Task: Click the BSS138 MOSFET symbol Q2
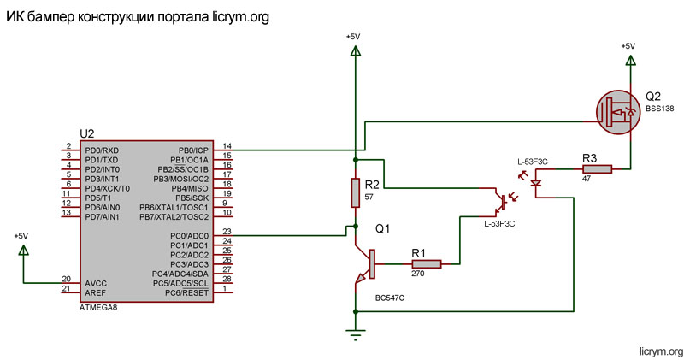(x=617, y=110)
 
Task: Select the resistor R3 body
(x=598, y=169)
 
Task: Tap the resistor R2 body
(x=356, y=193)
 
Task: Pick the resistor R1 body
(x=426, y=264)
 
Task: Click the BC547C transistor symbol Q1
(x=366, y=265)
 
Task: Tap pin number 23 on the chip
(x=227, y=231)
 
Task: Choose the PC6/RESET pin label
(x=188, y=292)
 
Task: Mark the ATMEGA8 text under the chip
(x=97, y=306)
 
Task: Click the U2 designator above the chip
(x=86, y=134)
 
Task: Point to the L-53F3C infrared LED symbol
(x=535, y=181)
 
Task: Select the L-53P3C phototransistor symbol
(x=503, y=203)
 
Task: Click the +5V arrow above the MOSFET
(x=629, y=61)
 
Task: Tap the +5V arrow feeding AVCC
(x=22, y=250)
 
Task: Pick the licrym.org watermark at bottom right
(x=661, y=351)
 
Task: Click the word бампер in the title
(x=52, y=17)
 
